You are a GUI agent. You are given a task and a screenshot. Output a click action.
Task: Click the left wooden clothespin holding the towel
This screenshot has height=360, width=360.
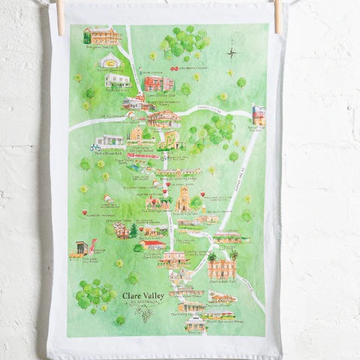(x=59, y=16)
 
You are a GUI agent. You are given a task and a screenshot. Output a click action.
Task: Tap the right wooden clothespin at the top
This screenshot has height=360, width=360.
(x=277, y=16)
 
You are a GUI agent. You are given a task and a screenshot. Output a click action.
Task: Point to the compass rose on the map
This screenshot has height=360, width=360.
(x=233, y=52)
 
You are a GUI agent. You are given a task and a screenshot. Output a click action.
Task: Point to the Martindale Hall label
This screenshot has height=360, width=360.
(x=223, y=256)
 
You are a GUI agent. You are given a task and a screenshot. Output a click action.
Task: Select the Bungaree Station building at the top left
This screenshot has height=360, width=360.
(x=102, y=35)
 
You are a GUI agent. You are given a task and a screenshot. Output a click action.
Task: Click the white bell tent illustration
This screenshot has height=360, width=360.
(x=110, y=60)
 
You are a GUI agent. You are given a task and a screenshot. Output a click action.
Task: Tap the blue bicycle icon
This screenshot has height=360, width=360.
(x=96, y=148)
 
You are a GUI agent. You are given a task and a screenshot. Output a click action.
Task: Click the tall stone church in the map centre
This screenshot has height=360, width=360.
(x=183, y=199)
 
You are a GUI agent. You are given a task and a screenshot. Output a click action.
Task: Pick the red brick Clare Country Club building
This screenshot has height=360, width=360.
(x=158, y=82)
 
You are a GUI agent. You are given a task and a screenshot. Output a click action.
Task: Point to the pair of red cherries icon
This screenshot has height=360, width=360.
(x=174, y=68)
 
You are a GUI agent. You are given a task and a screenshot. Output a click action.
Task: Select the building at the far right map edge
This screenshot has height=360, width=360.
(x=259, y=115)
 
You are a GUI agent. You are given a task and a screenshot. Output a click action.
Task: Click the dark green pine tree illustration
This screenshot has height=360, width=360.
(x=133, y=230)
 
